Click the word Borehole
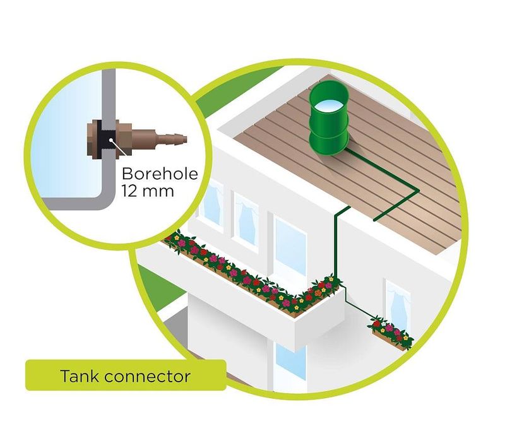point(160,174)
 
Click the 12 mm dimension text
point(148,191)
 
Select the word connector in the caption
point(148,377)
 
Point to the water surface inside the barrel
point(328,105)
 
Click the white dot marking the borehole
point(111,140)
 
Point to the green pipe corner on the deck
point(417,191)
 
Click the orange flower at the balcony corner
point(318,293)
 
